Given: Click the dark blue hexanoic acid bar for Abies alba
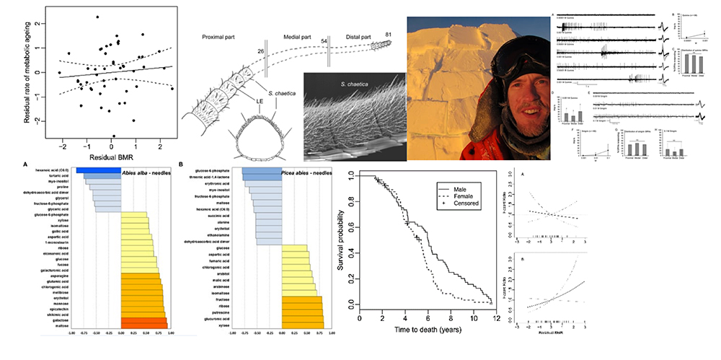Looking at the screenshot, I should click(97, 170).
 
